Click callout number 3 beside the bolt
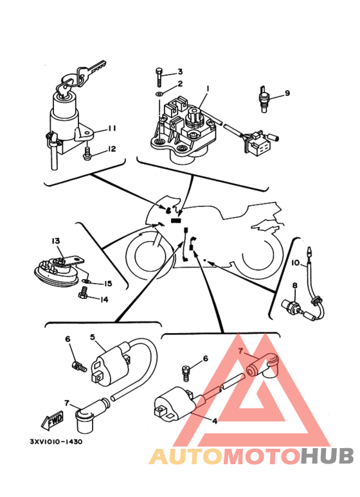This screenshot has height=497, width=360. pyautogui.click(x=180, y=71)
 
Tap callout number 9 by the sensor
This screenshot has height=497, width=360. pyautogui.click(x=287, y=93)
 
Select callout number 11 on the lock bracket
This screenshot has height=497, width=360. pyautogui.click(x=111, y=129)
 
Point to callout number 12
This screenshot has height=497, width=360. pyautogui.click(x=112, y=149)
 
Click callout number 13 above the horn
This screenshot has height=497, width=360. pyautogui.click(x=56, y=241)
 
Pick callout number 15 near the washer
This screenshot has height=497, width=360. pyautogui.click(x=108, y=283)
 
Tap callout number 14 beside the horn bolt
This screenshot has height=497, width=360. pyautogui.click(x=104, y=299)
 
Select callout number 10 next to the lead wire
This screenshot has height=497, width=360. pyautogui.click(x=295, y=263)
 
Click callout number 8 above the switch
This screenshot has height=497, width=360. pyautogui.click(x=295, y=285)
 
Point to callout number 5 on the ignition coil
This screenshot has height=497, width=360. pyautogui.click(x=93, y=337)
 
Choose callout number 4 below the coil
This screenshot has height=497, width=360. pyautogui.click(x=215, y=421)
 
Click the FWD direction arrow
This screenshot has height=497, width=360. pyautogui.click(x=52, y=420)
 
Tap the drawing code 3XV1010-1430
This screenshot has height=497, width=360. pyautogui.click(x=56, y=441)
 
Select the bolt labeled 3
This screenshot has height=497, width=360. pyautogui.click(x=159, y=77)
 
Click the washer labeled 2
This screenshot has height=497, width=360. pyautogui.click(x=159, y=93)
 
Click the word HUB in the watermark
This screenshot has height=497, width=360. pyautogui.click(x=327, y=456)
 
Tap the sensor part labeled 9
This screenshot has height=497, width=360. pyautogui.click(x=263, y=98)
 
